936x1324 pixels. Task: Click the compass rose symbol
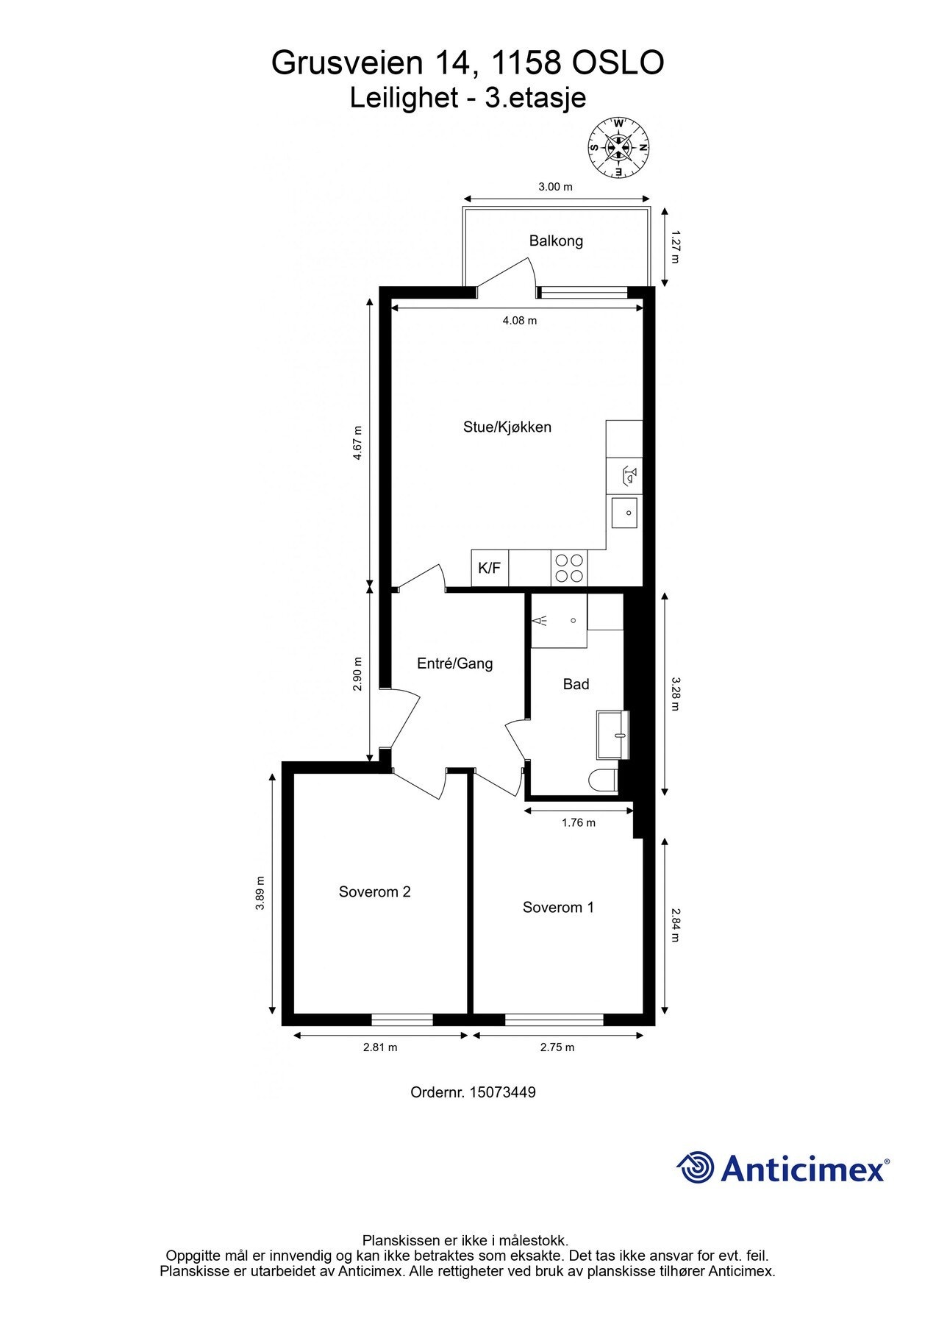[x=618, y=147]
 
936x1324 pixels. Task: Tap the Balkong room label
[x=556, y=241]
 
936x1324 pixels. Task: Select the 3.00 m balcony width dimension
[x=555, y=187]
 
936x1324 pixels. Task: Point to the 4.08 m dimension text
[x=520, y=320]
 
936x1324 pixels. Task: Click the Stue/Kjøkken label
[x=507, y=427]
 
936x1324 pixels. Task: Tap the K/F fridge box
[x=490, y=568]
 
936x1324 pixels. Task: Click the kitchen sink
[x=624, y=512]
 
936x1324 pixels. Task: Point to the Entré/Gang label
[x=455, y=663]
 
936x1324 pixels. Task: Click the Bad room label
[x=576, y=684]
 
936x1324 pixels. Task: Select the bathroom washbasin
[x=614, y=734]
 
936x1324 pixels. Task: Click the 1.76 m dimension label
[x=579, y=822]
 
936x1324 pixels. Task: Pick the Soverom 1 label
[x=558, y=907]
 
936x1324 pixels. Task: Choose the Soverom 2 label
[x=375, y=891]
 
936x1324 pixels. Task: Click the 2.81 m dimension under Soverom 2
[x=380, y=1047]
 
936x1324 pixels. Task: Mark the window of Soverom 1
[x=554, y=1019]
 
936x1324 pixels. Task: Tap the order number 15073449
[x=504, y=1092]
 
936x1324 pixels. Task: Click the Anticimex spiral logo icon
[x=696, y=1167]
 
